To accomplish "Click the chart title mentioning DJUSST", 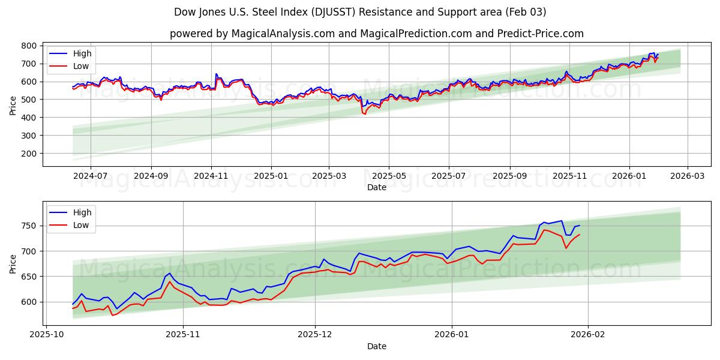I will pos(360,12).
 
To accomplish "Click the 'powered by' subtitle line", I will pos(376,34).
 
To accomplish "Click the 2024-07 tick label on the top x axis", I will pos(91,176).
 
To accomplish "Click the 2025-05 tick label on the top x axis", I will pos(389,176).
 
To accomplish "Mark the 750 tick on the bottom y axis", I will pos(30,226).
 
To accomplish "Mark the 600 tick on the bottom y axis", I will pos(30,302).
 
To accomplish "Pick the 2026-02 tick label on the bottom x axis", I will pos(588,335).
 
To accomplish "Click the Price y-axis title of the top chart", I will pos(13,105).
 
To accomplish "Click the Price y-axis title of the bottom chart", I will pos(13,264).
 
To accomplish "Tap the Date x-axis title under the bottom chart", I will pos(376,346).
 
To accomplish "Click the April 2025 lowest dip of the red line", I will pos(364,113).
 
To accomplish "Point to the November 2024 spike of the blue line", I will pos(216,74).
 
